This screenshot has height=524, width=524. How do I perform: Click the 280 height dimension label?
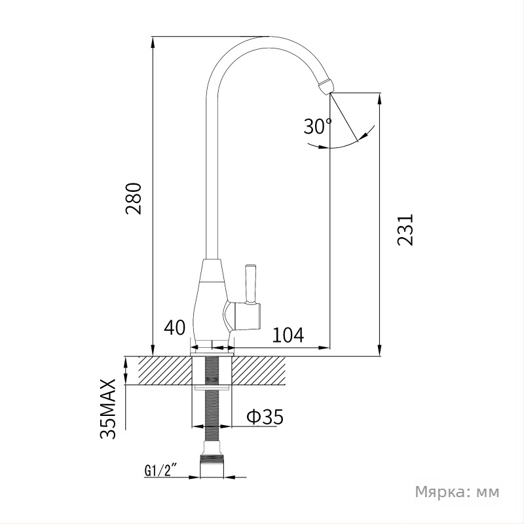[x=134, y=198]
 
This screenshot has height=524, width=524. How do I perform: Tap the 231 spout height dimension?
[x=405, y=230]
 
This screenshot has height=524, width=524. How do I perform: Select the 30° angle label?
[x=318, y=126]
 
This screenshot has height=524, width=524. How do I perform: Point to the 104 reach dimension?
[x=288, y=335]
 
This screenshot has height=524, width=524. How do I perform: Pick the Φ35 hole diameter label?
[x=265, y=416]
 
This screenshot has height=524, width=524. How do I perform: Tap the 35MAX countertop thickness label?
[x=108, y=409]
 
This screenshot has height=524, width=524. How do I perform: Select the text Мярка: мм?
[x=457, y=492]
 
